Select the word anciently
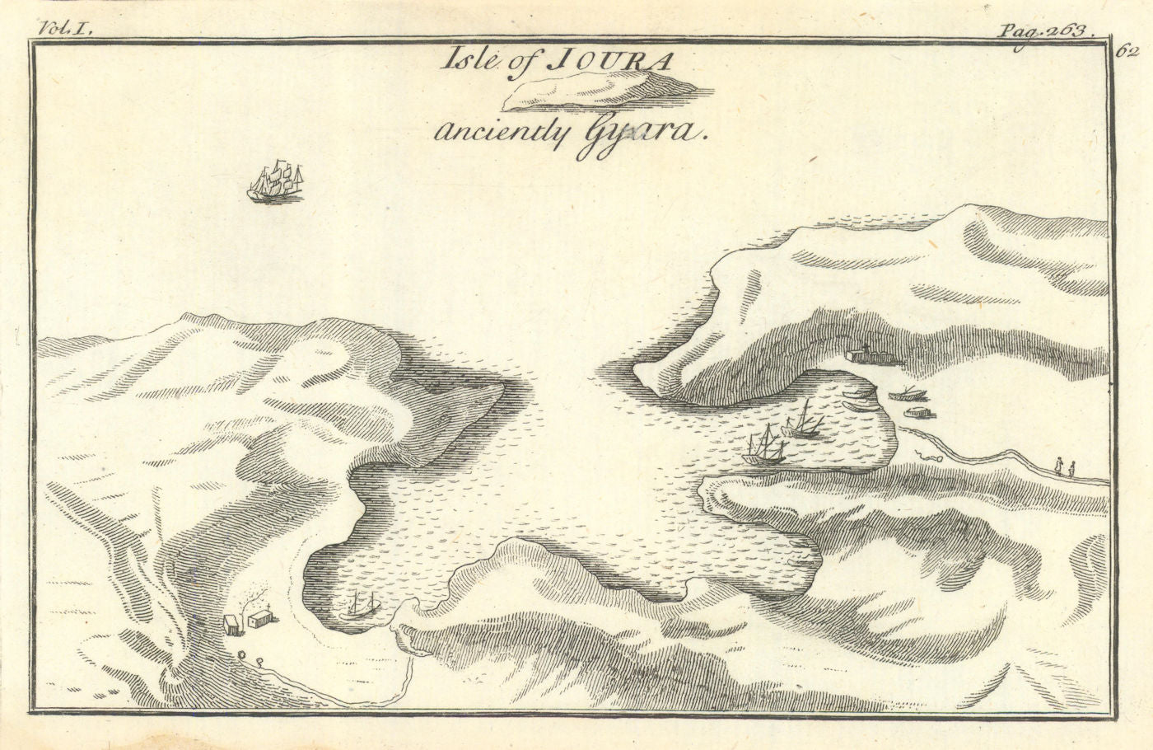[x=488, y=132]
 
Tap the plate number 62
[x=1127, y=51]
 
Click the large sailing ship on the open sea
[x=276, y=183]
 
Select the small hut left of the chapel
[x=235, y=624]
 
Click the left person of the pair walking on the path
[x=1059, y=467]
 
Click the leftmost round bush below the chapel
[x=242, y=655]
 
